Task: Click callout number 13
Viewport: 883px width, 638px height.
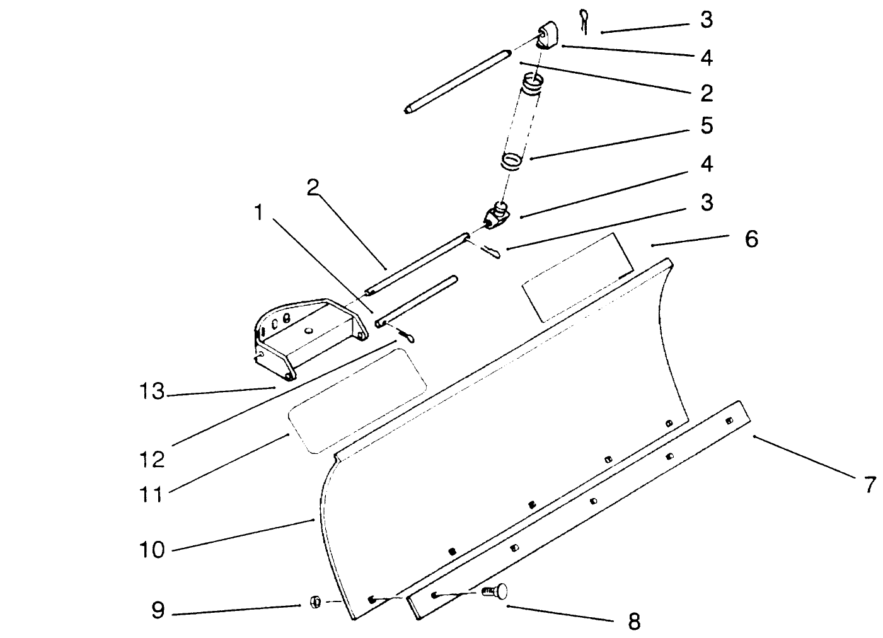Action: click(x=151, y=391)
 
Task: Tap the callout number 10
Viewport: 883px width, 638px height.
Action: click(x=151, y=549)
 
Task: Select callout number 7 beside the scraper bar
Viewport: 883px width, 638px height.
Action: click(x=869, y=485)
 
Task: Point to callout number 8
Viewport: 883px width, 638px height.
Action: click(x=634, y=621)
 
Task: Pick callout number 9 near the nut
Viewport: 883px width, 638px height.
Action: click(x=158, y=610)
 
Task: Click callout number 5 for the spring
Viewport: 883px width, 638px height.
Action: click(x=707, y=125)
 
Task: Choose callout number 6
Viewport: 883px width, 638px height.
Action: click(x=751, y=239)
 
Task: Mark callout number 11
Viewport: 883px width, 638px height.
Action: click(x=151, y=494)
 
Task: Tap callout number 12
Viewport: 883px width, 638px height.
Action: click(x=151, y=458)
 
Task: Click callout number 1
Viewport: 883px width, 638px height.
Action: click(x=258, y=212)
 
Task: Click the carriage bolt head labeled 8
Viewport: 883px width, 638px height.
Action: click(x=496, y=591)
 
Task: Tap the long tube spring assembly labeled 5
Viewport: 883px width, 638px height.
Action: click(x=524, y=123)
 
